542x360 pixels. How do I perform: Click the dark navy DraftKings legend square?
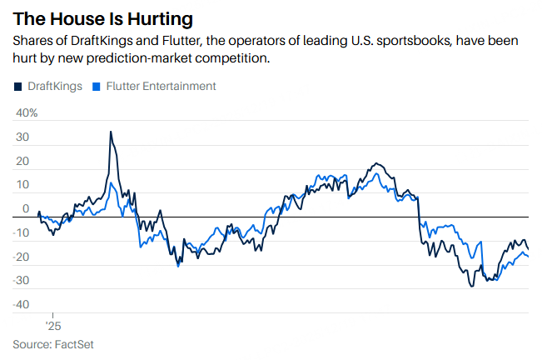coord(18,86)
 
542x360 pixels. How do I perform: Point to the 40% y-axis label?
coord(27,112)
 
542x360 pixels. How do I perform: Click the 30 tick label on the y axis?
coord(23,137)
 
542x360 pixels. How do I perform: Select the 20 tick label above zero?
coord(23,161)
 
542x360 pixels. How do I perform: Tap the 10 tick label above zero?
coord(23,185)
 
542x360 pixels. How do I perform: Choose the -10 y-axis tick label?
coord(22,233)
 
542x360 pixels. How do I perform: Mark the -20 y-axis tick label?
coord(22,257)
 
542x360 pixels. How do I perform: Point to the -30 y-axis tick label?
coord(22,281)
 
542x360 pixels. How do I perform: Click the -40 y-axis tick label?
coord(22,305)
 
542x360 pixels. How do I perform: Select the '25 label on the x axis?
coord(52,326)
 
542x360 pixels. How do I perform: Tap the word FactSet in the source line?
coord(74,344)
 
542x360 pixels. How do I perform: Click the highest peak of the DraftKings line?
coord(111,132)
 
